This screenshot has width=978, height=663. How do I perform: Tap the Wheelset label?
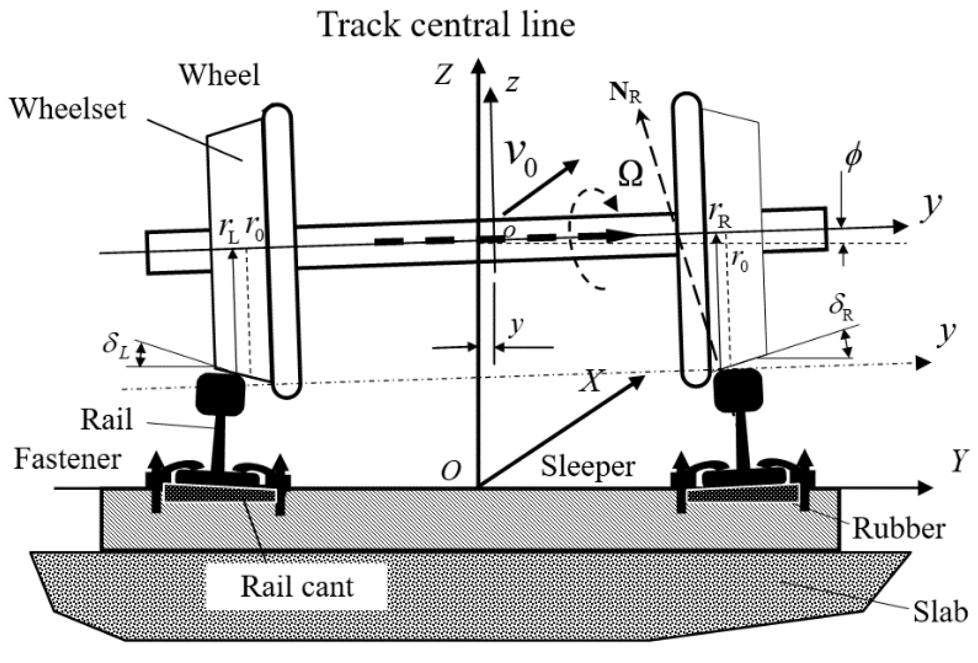[68, 109]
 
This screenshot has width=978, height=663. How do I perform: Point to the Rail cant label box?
[297, 587]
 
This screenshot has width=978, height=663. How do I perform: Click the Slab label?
[941, 613]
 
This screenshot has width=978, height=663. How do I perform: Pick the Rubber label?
[898, 529]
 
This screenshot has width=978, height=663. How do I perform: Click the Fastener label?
[68, 460]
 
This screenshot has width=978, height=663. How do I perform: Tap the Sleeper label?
[588, 466]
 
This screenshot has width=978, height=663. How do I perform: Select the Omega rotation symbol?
[630, 175]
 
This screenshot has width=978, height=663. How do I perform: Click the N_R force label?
[625, 94]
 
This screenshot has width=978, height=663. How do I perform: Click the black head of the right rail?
[738, 389]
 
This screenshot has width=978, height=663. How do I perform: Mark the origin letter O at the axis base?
[451, 471]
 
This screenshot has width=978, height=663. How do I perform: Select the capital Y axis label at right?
[959, 462]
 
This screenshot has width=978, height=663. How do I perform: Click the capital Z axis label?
[443, 75]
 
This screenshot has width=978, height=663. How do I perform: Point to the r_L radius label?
[229, 231]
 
